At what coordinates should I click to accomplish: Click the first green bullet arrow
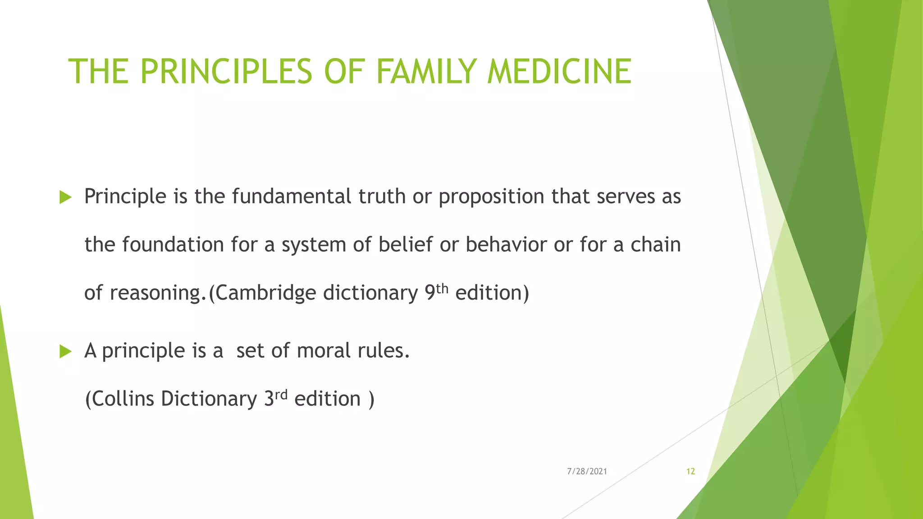coord(65,197)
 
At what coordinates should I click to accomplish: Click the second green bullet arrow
coord(65,351)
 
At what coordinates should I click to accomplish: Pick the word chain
coord(655,245)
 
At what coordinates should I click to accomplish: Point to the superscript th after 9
coord(442,288)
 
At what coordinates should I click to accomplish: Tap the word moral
coord(324,351)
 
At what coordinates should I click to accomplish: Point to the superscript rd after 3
coord(281,395)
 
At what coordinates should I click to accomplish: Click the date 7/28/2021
coord(587,471)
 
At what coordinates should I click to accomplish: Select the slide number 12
coord(690,471)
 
